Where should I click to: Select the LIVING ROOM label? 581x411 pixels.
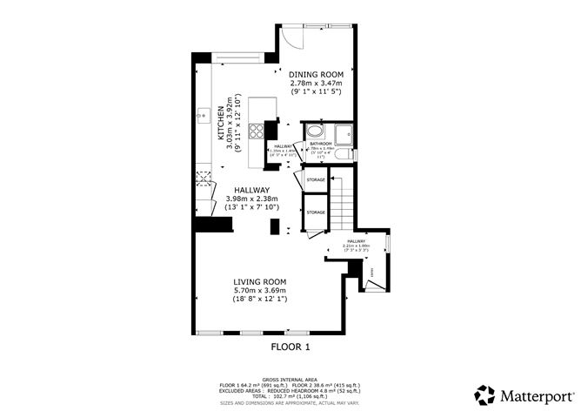click(x=259, y=281)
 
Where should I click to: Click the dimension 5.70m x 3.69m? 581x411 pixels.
click(x=259, y=290)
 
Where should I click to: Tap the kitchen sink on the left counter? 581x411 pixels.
click(x=202, y=113)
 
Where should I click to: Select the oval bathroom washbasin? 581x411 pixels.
click(x=315, y=132)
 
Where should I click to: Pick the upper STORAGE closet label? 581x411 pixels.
click(x=316, y=180)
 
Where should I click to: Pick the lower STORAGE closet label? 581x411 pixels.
click(x=316, y=212)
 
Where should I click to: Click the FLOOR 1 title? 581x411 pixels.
click(x=290, y=347)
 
